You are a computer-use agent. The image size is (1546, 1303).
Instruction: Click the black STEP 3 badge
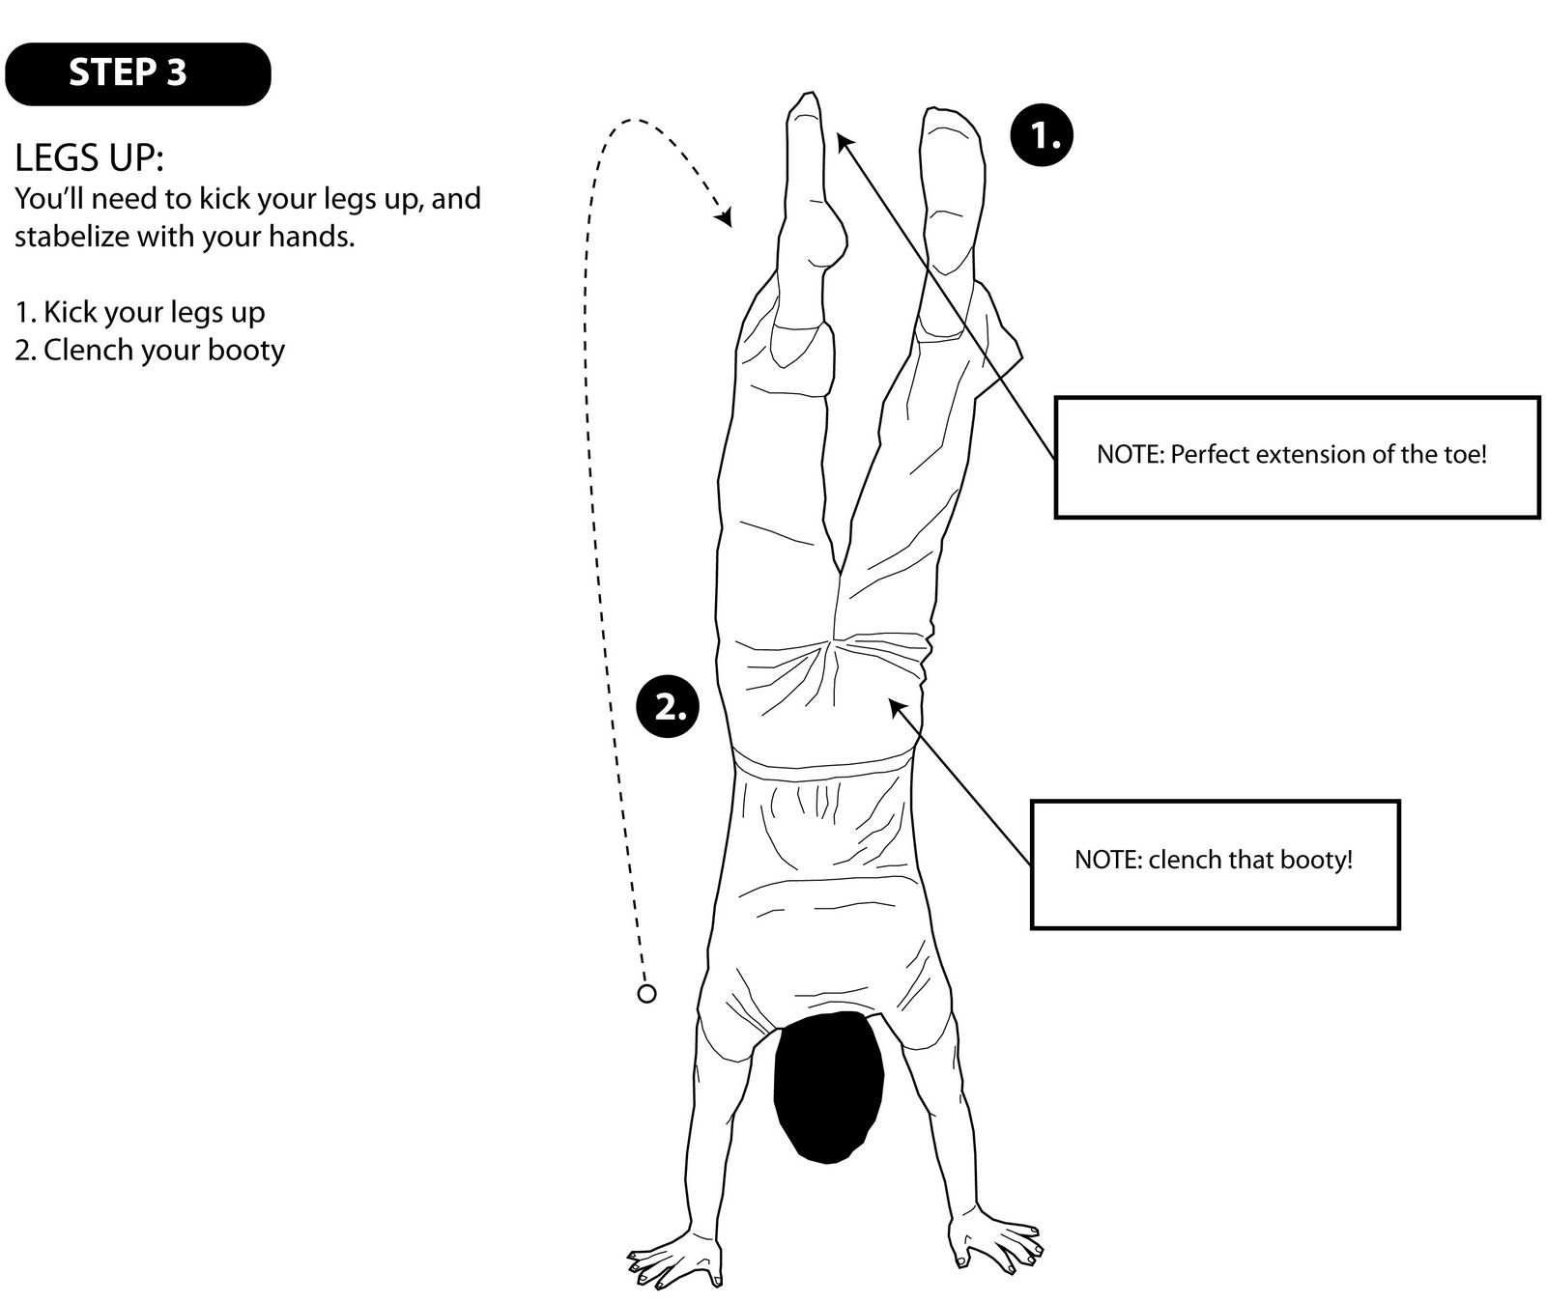click(137, 73)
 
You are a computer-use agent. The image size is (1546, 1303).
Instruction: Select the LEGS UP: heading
click(89, 157)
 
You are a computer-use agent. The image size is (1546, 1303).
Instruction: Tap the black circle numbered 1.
click(1042, 135)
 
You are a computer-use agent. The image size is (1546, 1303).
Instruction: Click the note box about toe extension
click(1296, 457)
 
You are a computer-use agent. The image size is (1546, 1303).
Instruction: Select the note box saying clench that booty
click(1214, 864)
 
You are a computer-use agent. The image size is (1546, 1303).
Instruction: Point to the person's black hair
click(828, 1087)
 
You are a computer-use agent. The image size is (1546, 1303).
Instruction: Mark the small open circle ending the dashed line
click(647, 993)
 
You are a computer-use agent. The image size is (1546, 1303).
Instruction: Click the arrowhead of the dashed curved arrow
click(724, 218)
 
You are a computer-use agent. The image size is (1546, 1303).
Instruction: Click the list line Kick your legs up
click(140, 312)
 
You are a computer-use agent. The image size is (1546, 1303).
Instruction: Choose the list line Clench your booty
click(150, 350)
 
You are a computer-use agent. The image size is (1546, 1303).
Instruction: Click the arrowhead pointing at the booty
click(896, 707)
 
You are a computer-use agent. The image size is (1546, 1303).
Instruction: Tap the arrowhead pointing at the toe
click(844, 141)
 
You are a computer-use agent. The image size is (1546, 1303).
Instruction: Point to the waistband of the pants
click(822, 762)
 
